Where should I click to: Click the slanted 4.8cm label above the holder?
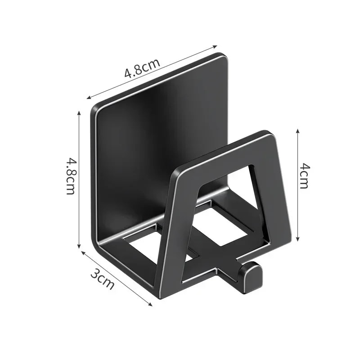click(x=142, y=68)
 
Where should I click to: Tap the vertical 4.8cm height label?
click(x=71, y=175)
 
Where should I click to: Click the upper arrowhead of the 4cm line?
click(x=298, y=130)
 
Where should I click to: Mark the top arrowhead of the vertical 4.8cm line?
click(x=79, y=112)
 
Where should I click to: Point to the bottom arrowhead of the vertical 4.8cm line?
click(x=79, y=247)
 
